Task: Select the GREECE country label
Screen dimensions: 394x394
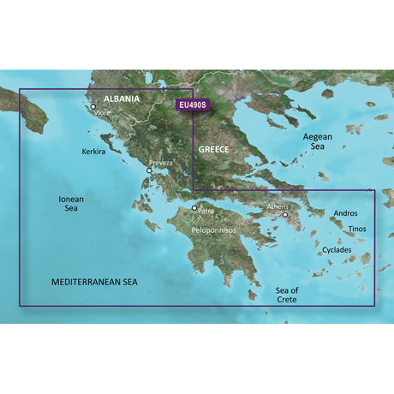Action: (x=215, y=148)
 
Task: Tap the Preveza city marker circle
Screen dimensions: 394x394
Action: (x=149, y=171)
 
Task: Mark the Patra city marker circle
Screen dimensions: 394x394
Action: (x=194, y=208)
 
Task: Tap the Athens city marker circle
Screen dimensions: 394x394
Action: (x=285, y=215)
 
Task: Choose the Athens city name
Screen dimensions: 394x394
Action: (x=278, y=206)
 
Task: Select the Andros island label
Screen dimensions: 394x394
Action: (x=344, y=212)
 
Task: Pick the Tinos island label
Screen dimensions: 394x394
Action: (x=360, y=230)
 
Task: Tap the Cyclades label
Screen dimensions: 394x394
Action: (x=337, y=250)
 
